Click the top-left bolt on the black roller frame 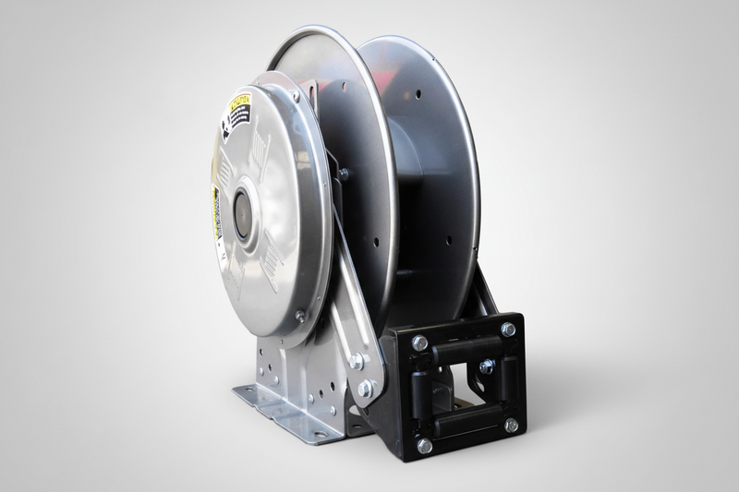pyautogui.click(x=419, y=343)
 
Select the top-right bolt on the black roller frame pyautogui.click(x=508, y=329)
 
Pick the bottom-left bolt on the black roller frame pyautogui.click(x=424, y=446)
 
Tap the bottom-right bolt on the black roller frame pyautogui.click(x=511, y=426)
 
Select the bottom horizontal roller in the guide pyautogui.click(x=466, y=420)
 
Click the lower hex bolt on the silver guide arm pyautogui.click(x=366, y=389)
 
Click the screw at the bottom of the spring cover pyautogui.click(x=300, y=316)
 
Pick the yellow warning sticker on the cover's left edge pyautogui.click(x=216, y=214)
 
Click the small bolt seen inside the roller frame pyautogui.click(x=486, y=366)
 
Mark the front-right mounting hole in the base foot pyautogui.click(x=320, y=433)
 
